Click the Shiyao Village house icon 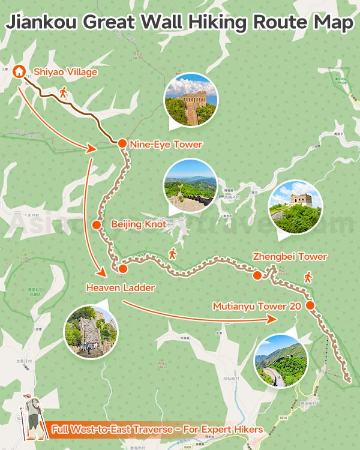pyautogui.click(x=19, y=71)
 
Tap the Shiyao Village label pyautogui.click(x=66, y=72)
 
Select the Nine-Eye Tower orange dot pyautogui.click(x=121, y=143)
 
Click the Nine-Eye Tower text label pyautogui.click(x=166, y=144)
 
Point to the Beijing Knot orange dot pyautogui.click(x=97, y=224)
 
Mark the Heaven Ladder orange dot pyautogui.click(x=121, y=268)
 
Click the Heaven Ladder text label pyautogui.click(x=121, y=288)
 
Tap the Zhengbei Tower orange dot pyautogui.click(x=257, y=275)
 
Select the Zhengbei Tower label pyautogui.click(x=290, y=257)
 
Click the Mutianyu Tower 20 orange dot pyautogui.click(x=310, y=305)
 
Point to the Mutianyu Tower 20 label pyautogui.click(x=257, y=306)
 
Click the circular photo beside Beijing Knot pyautogui.click(x=190, y=185)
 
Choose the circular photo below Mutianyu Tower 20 pyautogui.click(x=281, y=361)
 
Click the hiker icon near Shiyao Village pyautogui.click(x=64, y=93)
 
